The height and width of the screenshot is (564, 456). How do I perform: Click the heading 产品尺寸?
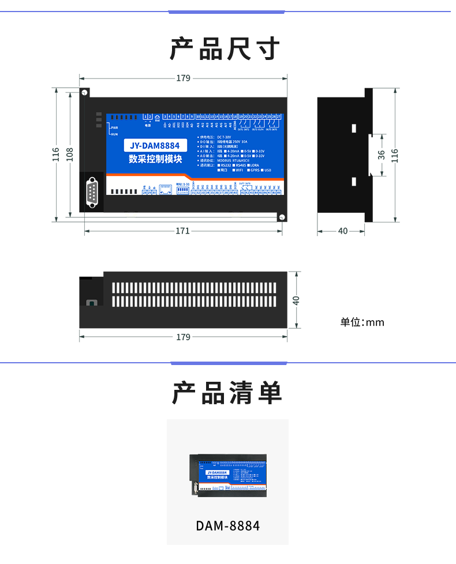[x=227, y=49]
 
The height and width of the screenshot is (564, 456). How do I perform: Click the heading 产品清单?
[x=227, y=393]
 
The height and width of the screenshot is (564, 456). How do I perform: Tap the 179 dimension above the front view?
[x=183, y=78]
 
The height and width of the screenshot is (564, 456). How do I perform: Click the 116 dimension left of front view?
[x=56, y=154]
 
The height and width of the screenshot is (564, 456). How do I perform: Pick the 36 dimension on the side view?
[x=381, y=155]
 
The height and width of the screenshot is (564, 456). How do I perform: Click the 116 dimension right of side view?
[x=395, y=155]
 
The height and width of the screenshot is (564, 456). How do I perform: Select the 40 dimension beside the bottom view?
[x=296, y=300]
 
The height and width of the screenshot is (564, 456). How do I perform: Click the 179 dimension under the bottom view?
[x=183, y=337]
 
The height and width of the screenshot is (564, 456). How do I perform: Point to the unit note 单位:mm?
[x=362, y=322]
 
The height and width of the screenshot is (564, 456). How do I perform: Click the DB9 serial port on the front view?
[x=92, y=192]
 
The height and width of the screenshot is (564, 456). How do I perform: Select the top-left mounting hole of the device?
[x=85, y=92]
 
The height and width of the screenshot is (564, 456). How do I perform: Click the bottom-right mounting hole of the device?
[x=282, y=217]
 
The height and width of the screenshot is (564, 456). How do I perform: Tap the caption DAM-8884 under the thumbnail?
[x=227, y=526]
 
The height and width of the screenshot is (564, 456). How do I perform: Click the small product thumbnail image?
[x=228, y=476]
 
